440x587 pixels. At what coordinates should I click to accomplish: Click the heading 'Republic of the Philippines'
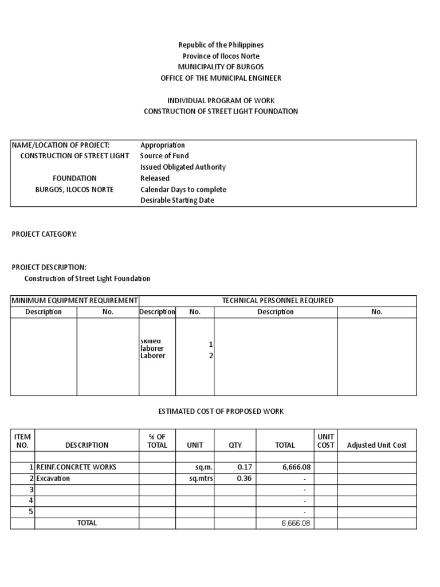click(x=221, y=45)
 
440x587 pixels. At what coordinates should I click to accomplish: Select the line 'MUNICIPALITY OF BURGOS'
click(x=221, y=67)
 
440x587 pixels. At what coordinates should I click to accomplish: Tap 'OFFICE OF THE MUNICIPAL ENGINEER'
click(x=221, y=78)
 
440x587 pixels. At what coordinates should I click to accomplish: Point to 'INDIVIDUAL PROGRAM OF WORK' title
click(x=221, y=100)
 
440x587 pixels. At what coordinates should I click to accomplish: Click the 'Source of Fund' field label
click(x=164, y=156)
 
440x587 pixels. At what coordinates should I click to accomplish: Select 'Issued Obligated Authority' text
click(x=183, y=167)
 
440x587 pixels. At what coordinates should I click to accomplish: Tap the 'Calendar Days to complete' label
click(x=183, y=190)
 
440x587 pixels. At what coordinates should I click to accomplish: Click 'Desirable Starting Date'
click(x=177, y=201)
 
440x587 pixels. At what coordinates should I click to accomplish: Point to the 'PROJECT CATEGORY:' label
click(x=44, y=234)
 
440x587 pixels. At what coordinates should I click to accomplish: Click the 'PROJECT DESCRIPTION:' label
click(x=49, y=267)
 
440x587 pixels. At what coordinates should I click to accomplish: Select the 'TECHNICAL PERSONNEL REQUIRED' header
click(x=277, y=300)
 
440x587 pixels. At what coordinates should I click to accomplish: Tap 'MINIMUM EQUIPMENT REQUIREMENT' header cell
click(x=74, y=300)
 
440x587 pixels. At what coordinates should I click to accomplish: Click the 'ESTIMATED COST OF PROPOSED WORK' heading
click(x=221, y=412)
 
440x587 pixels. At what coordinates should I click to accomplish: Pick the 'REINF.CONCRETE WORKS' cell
click(x=76, y=467)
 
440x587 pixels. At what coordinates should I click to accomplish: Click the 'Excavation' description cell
click(x=53, y=478)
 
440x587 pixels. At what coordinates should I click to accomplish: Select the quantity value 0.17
click(x=245, y=467)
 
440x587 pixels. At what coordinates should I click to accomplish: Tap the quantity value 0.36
click(x=245, y=478)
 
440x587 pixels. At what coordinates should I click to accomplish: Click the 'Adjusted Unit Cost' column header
click(x=376, y=445)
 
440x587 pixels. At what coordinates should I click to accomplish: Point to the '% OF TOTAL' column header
click(x=157, y=441)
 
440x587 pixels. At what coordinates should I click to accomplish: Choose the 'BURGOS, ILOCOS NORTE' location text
click(x=74, y=190)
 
